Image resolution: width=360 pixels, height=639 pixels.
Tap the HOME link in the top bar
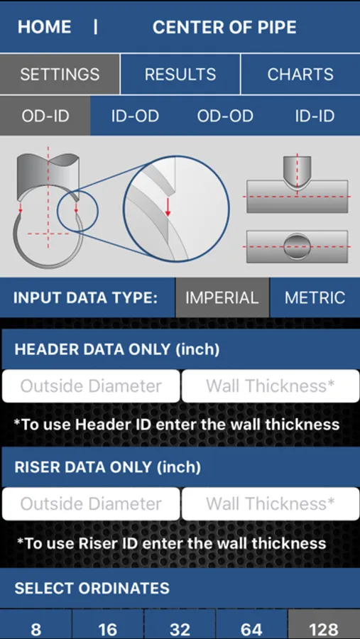click(x=45, y=27)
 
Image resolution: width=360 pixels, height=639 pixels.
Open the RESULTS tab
click(x=180, y=74)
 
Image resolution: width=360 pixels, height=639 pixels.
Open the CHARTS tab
click(x=300, y=74)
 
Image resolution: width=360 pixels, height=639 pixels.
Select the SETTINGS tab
click(x=60, y=74)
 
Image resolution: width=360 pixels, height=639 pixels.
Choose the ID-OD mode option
click(x=135, y=116)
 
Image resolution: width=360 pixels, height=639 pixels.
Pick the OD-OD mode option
click(x=225, y=116)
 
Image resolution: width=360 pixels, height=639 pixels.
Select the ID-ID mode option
click(x=315, y=116)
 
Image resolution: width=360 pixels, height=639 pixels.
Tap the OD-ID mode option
click(x=45, y=116)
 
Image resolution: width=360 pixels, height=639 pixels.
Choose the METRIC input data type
click(x=315, y=297)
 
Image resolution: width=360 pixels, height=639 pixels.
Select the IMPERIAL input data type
click(x=222, y=297)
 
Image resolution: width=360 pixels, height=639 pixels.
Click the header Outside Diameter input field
click(x=91, y=386)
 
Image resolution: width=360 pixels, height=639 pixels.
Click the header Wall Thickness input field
click(x=271, y=386)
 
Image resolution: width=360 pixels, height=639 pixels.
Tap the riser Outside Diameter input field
click(x=91, y=503)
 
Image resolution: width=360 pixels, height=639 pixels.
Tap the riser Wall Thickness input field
click(x=271, y=503)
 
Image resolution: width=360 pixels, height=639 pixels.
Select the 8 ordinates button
click(x=36, y=625)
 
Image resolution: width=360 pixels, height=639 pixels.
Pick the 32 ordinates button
click(x=180, y=625)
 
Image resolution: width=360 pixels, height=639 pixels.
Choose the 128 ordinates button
click(x=324, y=625)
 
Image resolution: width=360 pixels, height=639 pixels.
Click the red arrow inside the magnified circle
click(x=168, y=207)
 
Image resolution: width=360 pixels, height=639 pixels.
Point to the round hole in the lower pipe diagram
click(x=297, y=246)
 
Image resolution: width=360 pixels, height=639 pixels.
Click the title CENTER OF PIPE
click(x=224, y=27)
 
